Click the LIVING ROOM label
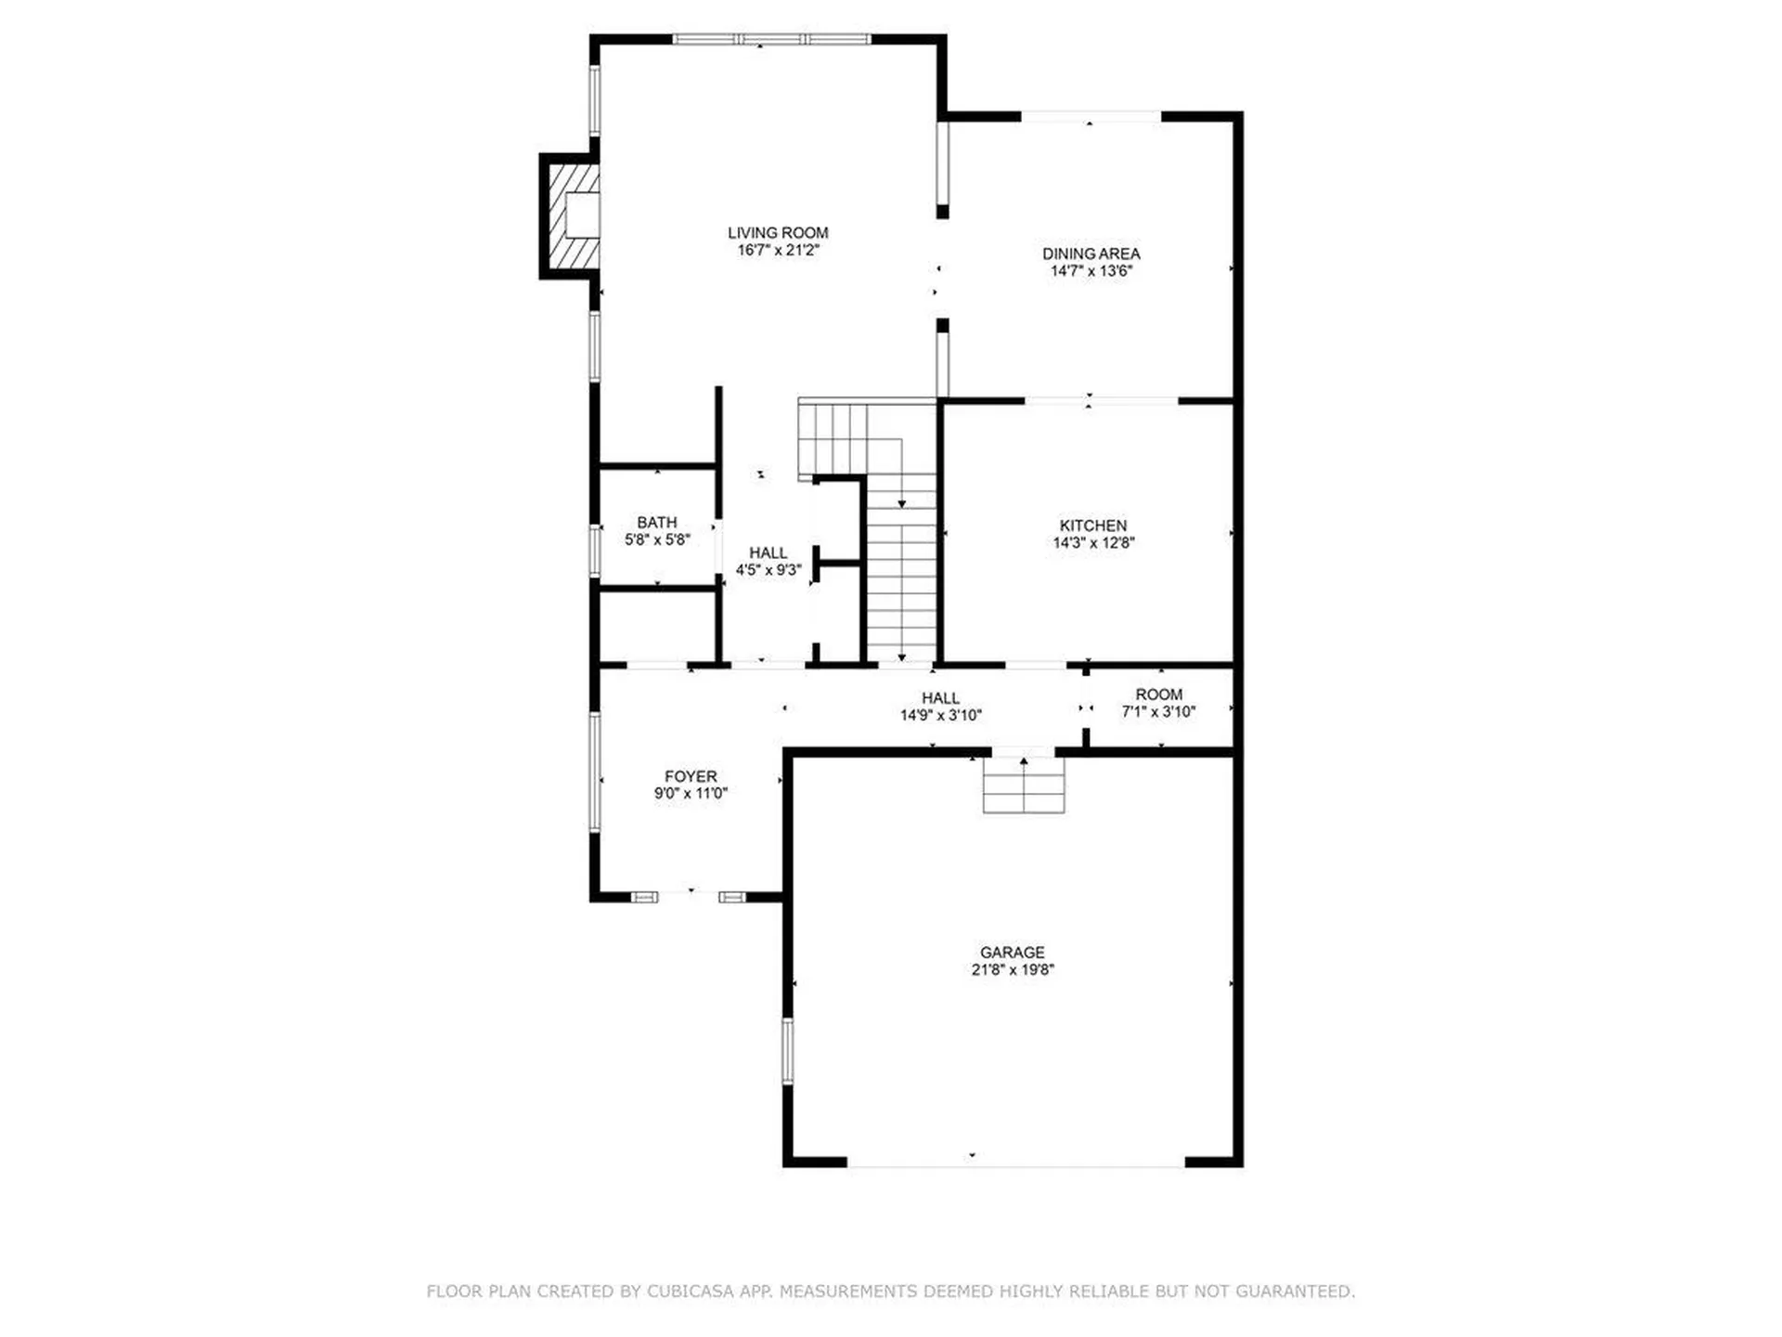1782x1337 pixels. click(x=777, y=233)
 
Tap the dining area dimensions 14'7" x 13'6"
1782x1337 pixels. click(x=1091, y=271)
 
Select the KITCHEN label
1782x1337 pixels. click(x=1092, y=526)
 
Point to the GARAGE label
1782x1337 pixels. click(x=1012, y=953)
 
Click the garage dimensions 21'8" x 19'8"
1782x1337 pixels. click(x=1012, y=970)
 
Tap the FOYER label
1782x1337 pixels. click(x=690, y=776)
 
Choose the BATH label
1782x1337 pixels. click(x=656, y=523)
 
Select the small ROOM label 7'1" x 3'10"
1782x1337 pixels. click(x=1158, y=694)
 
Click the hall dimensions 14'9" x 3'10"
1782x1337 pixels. click(x=940, y=716)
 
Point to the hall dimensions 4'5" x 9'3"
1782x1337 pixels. click(x=768, y=570)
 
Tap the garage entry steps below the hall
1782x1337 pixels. click(x=1024, y=785)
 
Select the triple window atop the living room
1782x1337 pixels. click(x=771, y=39)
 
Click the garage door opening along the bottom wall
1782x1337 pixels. click(x=1015, y=1162)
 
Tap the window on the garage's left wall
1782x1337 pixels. click(x=788, y=1051)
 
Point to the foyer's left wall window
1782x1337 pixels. click(x=595, y=772)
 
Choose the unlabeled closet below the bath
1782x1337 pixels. click(x=657, y=626)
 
